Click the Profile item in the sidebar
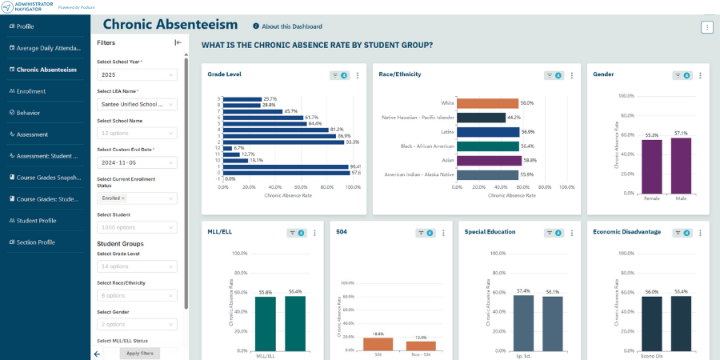(x=25, y=26)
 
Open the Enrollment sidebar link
(x=30, y=91)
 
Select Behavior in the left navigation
(x=28, y=113)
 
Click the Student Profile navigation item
(x=36, y=221)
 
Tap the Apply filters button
(x=140, y=353)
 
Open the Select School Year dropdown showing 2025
(x=137, y=74)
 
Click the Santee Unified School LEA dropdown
(x=137, y=103)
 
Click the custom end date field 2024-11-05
(x=137, y=162)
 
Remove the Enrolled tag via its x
(x=123, y=198)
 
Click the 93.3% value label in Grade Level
(x=352, y=142)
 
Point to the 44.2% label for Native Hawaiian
(x=514, y=118)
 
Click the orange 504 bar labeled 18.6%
(x=378, y=344)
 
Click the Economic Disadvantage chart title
(x=626, y=232)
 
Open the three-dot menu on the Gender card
(x=700, y=75)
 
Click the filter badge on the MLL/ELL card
(x=298, y=233)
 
